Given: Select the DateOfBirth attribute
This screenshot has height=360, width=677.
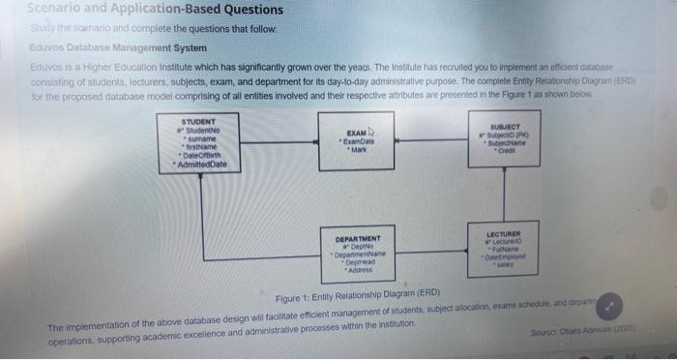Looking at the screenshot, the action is point(197,156).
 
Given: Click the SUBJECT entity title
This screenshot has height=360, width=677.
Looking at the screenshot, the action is point(507,124).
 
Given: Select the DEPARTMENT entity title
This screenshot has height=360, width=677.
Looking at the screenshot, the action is point(358,238).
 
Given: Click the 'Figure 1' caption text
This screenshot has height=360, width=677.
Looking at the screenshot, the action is point(358,294).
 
